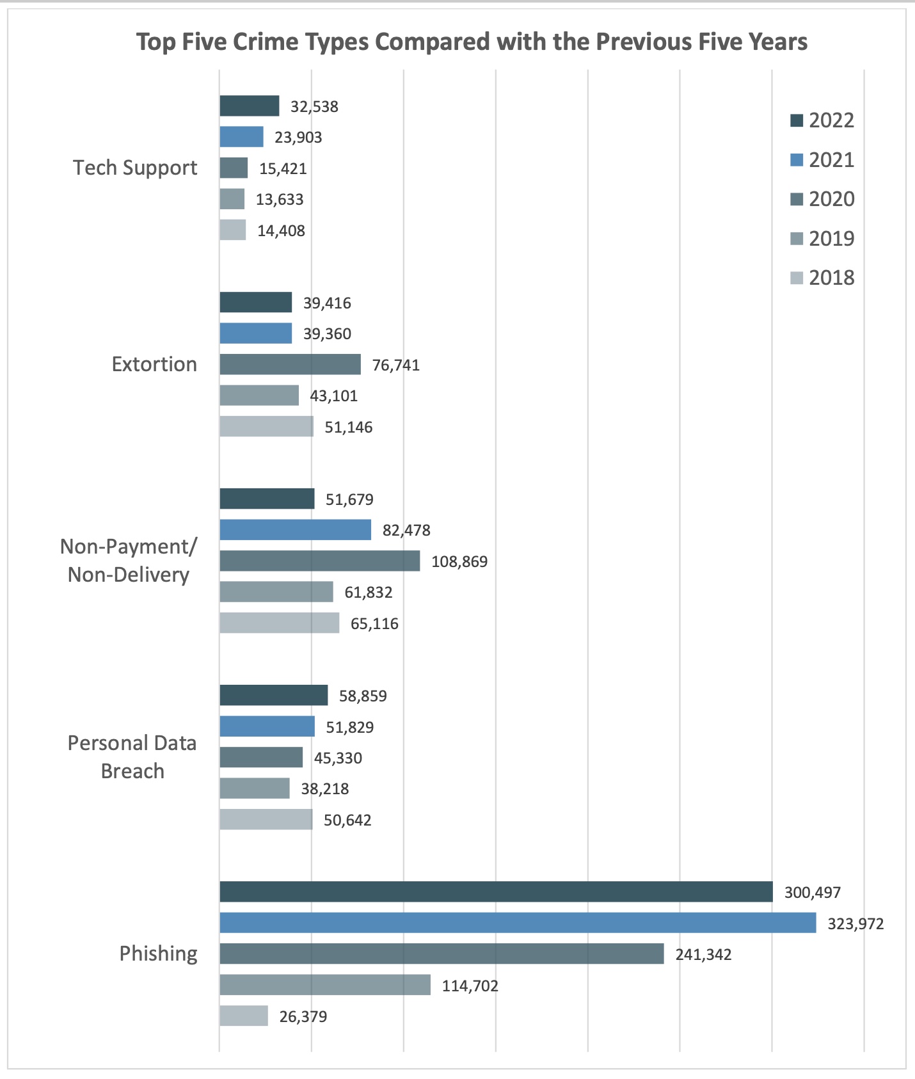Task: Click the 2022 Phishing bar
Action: [x=496, y=891]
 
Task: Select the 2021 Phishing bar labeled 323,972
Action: [x=518, y=923]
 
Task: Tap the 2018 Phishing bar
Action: [x=244, y=1016]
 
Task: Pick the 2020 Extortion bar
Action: [x=290, y=364]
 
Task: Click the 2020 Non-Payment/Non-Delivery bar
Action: [x=320, y=561]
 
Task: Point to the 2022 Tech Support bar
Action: [x=250, y=106]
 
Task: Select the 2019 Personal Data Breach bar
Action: [x=255, y=788]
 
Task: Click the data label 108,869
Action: [x=459, y=562]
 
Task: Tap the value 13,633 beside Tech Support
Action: [x=280, y=200]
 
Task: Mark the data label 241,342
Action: [x=703, y=955]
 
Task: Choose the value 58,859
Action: [x=363, y=696]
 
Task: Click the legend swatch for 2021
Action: [x=797, y=160]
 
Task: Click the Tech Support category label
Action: [x=135, y=168]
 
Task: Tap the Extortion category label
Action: [x=154, y=364]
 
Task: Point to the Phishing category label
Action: [x=159, y=954]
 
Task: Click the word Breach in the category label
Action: [x=132, y=771]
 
